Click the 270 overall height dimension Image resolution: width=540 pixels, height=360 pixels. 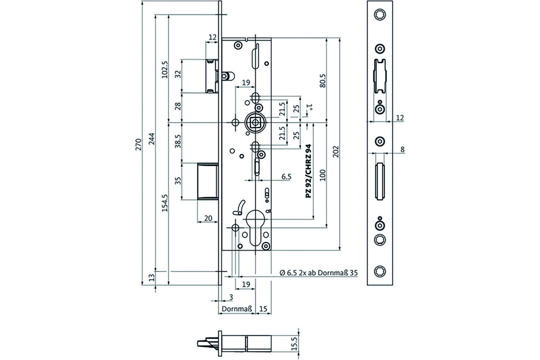(x=139, y=144)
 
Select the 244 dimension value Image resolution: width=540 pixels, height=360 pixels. (x=151, y=139)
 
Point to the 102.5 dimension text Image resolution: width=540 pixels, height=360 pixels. (x=165, y=69)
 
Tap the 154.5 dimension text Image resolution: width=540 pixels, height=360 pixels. (x=165, y=203)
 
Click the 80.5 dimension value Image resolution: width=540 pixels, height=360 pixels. (x=323, y=81)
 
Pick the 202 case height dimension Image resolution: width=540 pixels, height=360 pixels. (x=336, y=152)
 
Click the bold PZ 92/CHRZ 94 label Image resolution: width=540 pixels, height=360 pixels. (x=308, y=171)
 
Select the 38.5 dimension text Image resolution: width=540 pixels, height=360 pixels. (x=178, y=141)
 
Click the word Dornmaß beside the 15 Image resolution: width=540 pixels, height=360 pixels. (x=237, y=309)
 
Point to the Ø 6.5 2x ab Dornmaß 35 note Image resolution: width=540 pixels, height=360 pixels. (x=319, y=273)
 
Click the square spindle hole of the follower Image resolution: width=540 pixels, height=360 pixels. (x=255, y=123)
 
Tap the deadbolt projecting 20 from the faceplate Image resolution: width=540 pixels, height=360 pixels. (x=208, y=181)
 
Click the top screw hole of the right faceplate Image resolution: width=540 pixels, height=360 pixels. (x=380, y=14)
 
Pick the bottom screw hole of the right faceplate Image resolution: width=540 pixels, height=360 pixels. (x=380, y=271)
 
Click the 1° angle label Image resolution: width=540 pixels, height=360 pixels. (x=310, y=107)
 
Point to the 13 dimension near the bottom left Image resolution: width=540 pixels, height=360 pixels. (x=151, y=278)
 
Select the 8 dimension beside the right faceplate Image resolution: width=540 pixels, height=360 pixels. (x=402, y=149)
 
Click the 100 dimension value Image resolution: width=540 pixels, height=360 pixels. (x=323, y=175)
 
